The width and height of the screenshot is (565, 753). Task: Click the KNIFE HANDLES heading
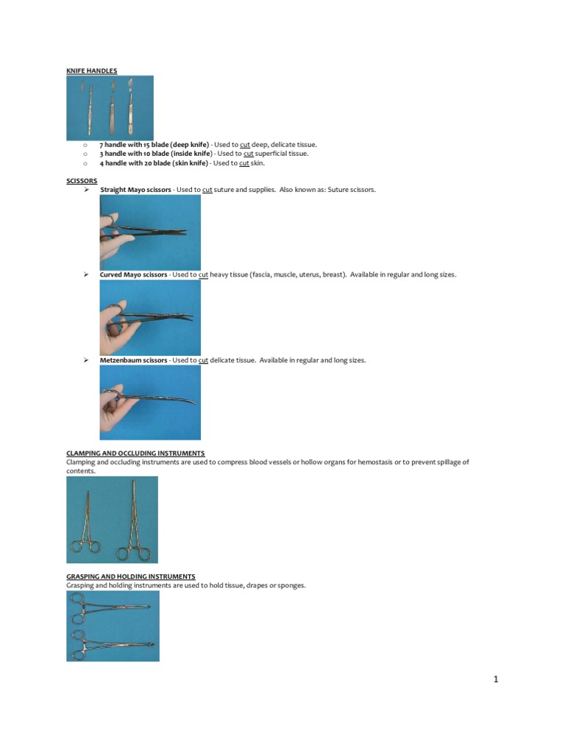(x=91, y=71)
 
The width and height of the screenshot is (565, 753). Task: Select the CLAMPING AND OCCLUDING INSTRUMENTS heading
(x=135, y=453)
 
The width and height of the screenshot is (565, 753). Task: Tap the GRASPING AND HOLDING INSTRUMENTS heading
(x=130, y=577)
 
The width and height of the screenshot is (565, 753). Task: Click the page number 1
(x=496, y=679)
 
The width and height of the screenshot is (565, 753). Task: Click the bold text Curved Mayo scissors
(x=133, y=274)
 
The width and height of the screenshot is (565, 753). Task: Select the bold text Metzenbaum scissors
(x=133, y=360)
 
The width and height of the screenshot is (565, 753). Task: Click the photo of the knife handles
(x=110, y=107)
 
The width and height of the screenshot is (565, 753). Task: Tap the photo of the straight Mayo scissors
(x=150, y=232)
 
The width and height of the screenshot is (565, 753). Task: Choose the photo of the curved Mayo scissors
(x=150, y=318)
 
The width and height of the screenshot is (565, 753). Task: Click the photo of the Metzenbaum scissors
(x=150, y=403)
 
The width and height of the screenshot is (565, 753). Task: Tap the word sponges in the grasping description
(x=290, y=585)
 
